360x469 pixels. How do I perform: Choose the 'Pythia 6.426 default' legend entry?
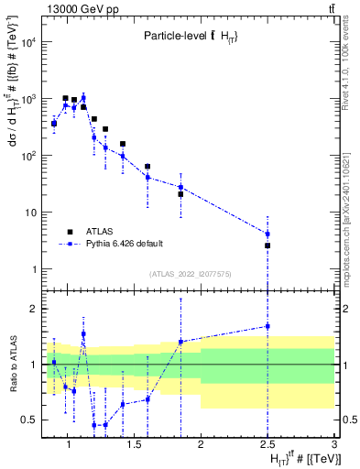point(125,245)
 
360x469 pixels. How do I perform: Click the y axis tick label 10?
point(32,213)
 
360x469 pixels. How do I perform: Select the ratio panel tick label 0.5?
point(29,420)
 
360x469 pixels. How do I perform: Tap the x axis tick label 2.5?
point(267,445)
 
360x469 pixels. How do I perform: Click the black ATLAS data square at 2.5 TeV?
point(267,245)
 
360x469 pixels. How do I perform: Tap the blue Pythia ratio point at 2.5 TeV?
point(267,326)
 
